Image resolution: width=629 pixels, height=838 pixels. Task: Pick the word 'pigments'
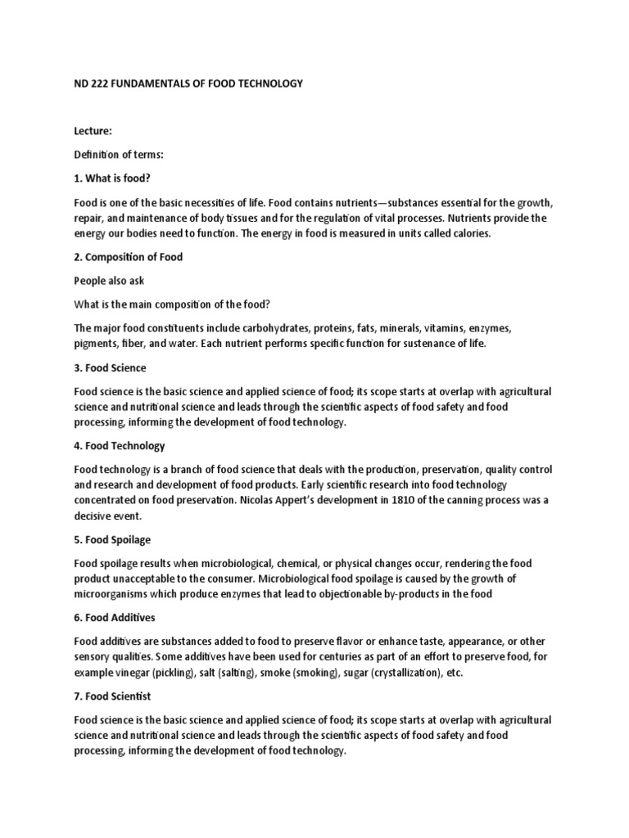(95, 344)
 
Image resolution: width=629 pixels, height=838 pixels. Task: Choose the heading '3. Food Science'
(111, 368)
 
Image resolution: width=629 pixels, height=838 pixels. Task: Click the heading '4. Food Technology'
(120, 447)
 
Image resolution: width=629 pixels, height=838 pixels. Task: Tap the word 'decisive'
(95, 516)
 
